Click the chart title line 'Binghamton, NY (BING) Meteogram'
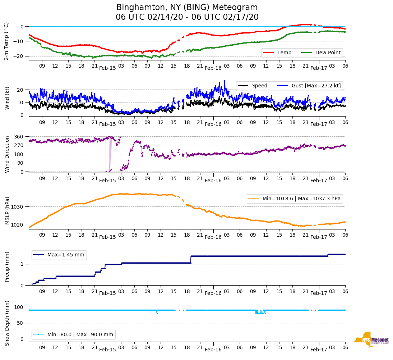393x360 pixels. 187,8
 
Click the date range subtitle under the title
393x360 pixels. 187,17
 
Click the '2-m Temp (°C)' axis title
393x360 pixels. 6,41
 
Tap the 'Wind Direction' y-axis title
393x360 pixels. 7,154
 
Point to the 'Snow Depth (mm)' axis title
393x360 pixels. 7,323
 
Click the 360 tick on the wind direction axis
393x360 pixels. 19,137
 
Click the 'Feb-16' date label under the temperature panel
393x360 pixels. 213,68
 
